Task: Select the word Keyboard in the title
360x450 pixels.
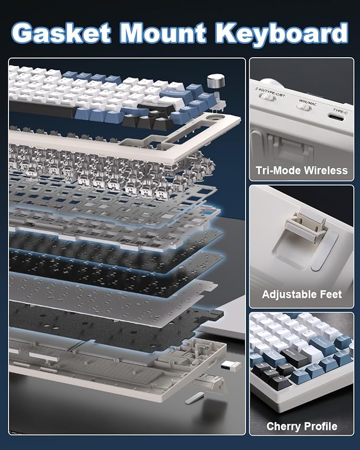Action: point(286,33)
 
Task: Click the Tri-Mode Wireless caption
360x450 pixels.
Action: point(301,170)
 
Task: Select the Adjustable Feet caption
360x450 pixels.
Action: point(302,295)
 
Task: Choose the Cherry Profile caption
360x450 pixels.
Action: point(302,426)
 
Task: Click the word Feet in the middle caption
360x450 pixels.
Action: point(331,295)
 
